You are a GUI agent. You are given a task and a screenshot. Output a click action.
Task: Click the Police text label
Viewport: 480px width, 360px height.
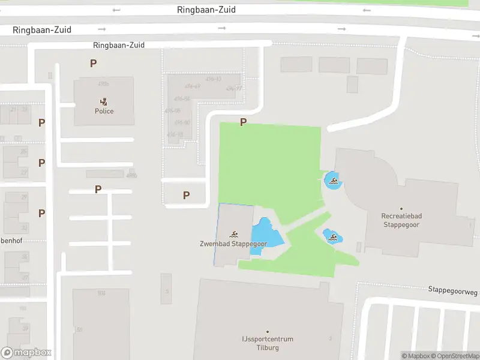click(104, 111)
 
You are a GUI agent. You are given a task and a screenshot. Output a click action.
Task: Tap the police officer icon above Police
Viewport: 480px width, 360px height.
click(104, 102)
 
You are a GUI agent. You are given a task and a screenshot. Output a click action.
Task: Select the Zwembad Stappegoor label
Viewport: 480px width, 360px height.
click(233, 244)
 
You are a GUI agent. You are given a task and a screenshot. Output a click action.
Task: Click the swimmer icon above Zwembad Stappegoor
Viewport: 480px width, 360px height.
click(233, 234)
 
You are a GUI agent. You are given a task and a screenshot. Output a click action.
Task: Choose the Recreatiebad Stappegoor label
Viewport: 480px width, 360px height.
click(401, 220)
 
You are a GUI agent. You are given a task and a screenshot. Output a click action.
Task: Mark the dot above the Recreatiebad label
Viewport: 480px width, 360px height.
click(401, 209)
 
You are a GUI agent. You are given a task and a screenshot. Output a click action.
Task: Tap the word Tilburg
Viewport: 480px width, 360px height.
click(268, 348)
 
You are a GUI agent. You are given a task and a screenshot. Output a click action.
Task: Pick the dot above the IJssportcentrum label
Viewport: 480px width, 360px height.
click(268, 332)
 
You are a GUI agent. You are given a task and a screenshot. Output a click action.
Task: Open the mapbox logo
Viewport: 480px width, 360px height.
click(26, 353)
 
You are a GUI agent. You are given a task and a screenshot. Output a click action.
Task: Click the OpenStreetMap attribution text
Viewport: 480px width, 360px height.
click(458, 356)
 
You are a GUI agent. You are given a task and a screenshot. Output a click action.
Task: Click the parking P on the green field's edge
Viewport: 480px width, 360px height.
click(243, 122)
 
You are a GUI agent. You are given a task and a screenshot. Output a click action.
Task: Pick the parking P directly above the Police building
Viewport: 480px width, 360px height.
click(93, 63)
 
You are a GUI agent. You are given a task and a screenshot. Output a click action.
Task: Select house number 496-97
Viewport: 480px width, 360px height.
click(234, 89)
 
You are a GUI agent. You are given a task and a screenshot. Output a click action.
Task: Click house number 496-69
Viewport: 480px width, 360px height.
click(192, 87)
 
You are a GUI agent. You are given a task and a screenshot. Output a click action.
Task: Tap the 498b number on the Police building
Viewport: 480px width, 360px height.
click(103, 84)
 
